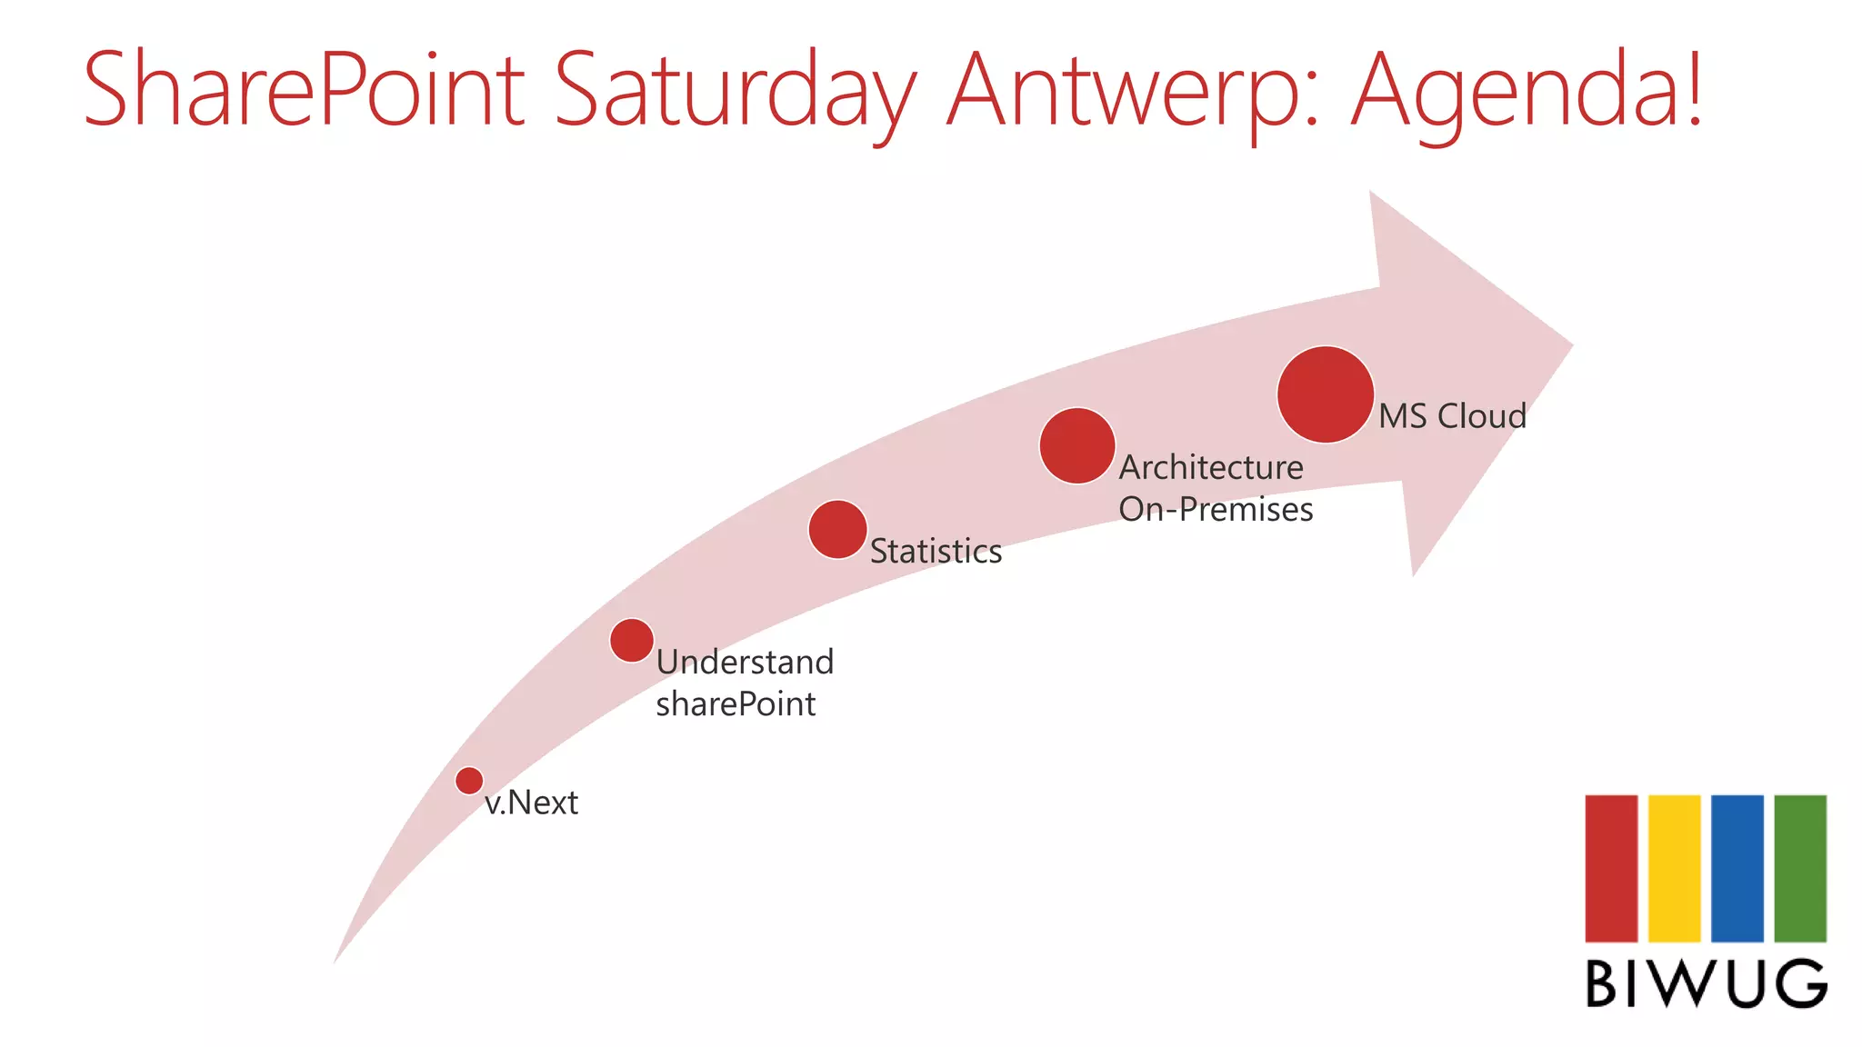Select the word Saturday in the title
(x=735, y=91)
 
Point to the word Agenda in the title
(x=1514, y=91)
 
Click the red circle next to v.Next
(x=469, y=780)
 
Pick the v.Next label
(x=531, y=803)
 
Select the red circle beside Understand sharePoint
(x=632, y=641)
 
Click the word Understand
(x=745, y=662)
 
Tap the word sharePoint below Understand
(x=736, y=703)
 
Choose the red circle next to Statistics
(x=837, y=529)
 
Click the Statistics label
(x=936, y=551)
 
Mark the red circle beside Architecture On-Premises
(x=1077, y=445)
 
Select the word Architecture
(x=1211, y=467)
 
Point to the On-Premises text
(x=1216, y=509)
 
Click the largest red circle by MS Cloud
(x=1326, y=394)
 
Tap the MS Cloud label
(x=1452, y=416)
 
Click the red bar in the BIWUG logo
(x=1611, y=868)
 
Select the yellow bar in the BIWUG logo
(x=1674, y=868)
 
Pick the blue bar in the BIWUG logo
(x=1737, y=868)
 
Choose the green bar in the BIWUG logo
(x=1800, y=868)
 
